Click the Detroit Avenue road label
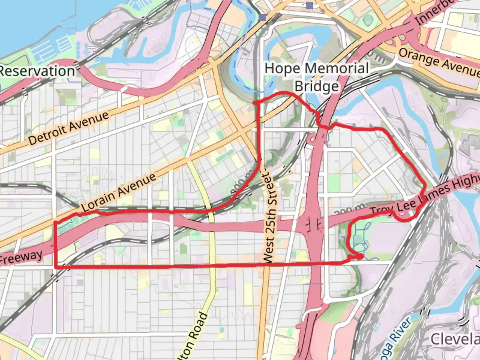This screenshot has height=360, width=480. pos(69,128)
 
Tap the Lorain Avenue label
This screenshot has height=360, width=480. pos(118,192)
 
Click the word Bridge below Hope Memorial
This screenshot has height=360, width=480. pos(317,86)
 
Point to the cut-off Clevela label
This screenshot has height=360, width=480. pos(455,339)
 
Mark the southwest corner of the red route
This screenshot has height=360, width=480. pos(55,267)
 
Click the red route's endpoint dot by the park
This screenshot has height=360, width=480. pos(360,256)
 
